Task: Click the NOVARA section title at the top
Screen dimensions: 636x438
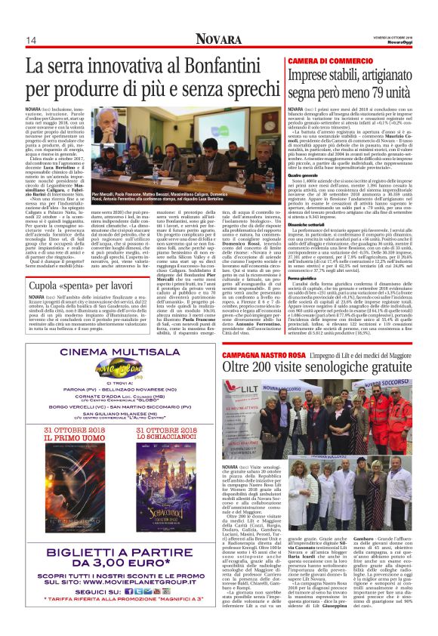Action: [218, 39]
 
